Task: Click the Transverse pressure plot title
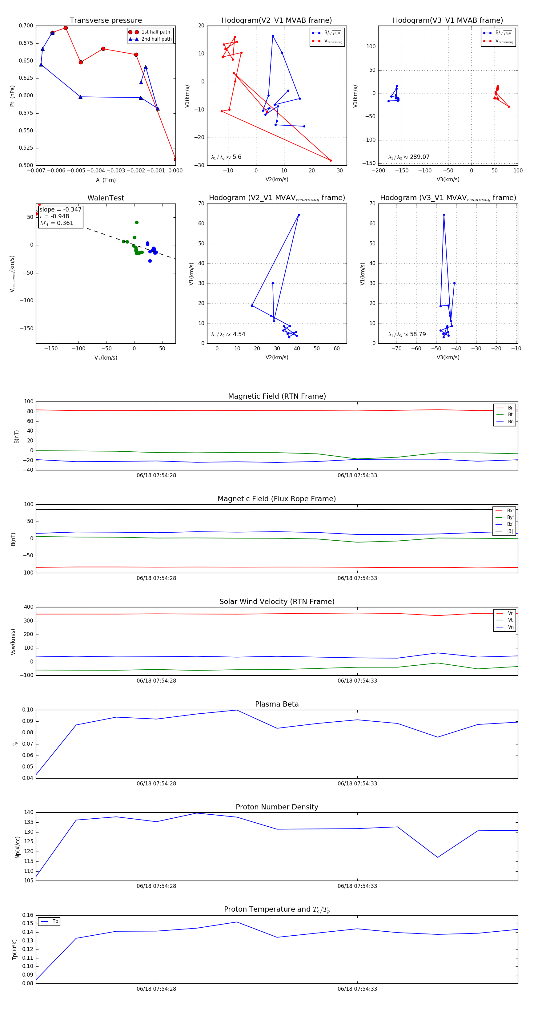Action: click(106, 21)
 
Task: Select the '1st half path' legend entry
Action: click(155, 32)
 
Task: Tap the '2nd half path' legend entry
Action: click(156, 39)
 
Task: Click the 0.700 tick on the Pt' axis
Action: click(26, 26)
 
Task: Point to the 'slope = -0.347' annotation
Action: click(60, 209)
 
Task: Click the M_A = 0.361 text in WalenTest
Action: click(56, 223)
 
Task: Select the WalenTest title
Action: click(106, 198)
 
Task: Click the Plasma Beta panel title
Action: click(277, 704)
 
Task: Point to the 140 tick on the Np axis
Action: click(29, 812)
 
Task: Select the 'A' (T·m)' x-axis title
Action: click(106, 180)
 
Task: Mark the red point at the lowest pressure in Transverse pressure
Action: click(175, 159)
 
